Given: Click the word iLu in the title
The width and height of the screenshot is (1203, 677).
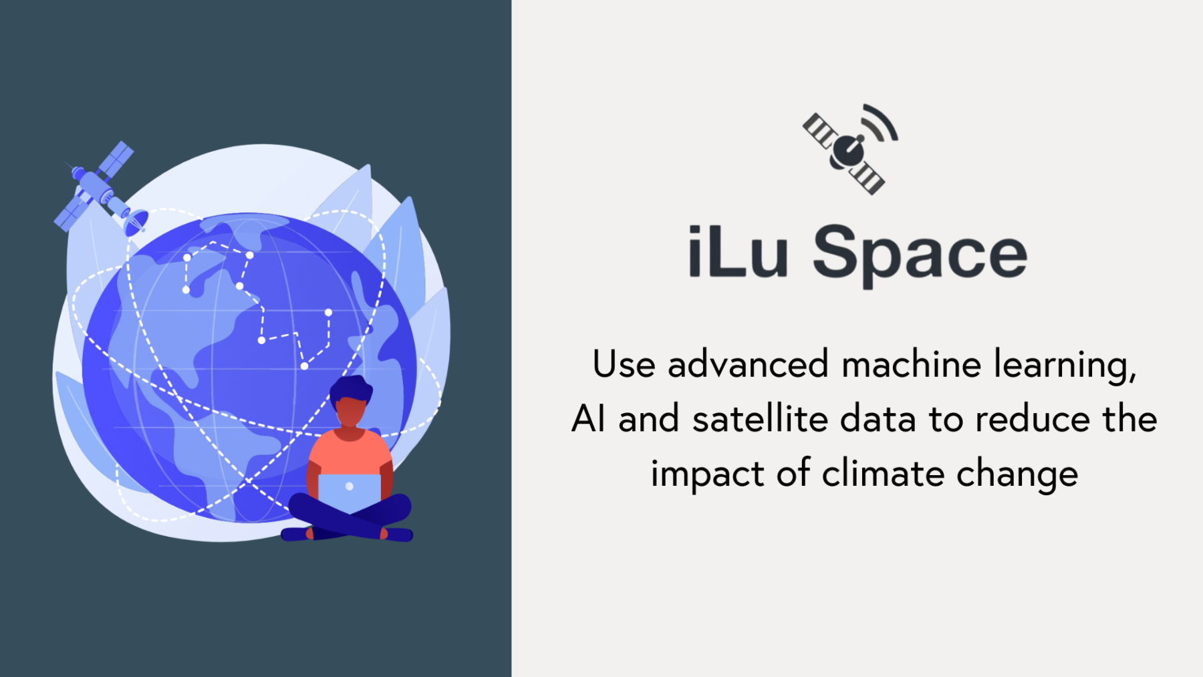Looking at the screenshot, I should tap(738, 252).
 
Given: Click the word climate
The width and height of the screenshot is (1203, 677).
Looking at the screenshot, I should tap(884, 474).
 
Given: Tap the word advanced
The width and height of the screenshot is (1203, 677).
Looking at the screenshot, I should tap(748, 365).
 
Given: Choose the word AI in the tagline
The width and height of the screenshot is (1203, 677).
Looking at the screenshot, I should tap(588, 420).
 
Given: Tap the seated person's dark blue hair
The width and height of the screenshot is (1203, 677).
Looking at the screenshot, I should tap(350, 388).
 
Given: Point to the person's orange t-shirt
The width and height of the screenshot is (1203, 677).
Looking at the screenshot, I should tap(350, 454).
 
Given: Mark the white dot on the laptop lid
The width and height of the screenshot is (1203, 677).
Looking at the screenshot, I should tap(349, 487).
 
